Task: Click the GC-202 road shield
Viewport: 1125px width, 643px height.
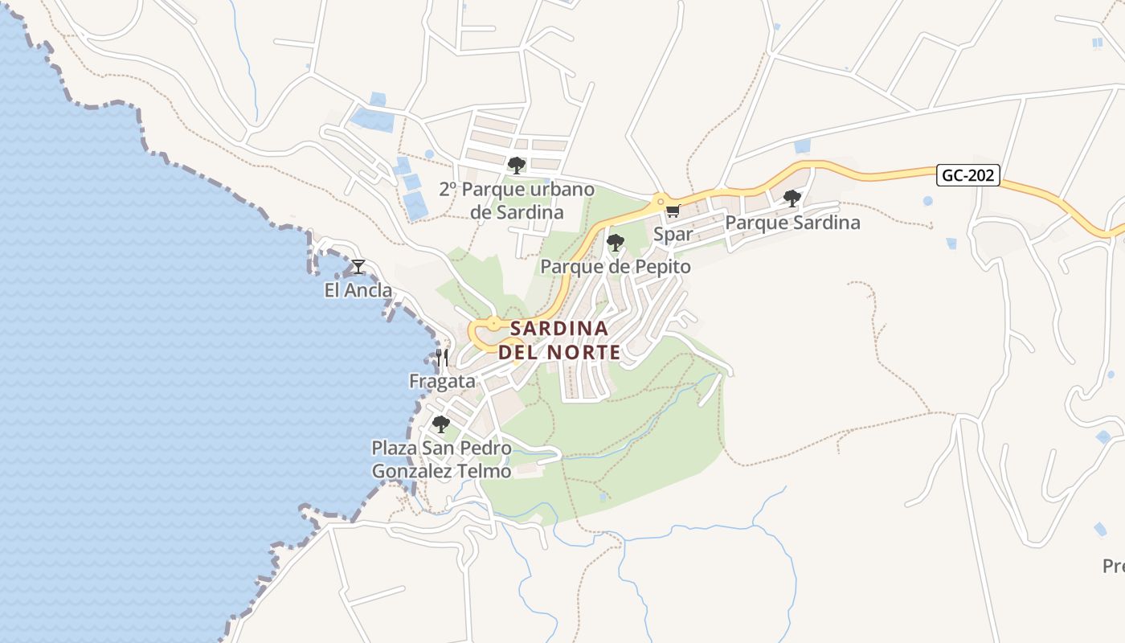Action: coord(967,175)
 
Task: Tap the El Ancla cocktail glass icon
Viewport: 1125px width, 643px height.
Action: coord(358,266)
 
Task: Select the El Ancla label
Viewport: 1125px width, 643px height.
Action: coord(358,290)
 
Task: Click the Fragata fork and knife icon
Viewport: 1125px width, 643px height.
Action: coord(442,357)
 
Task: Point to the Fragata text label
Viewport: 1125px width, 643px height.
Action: coord(442,381)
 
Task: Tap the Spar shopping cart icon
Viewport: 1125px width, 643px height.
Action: coord(673,211)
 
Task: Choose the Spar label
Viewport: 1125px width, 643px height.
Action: coord(673,234)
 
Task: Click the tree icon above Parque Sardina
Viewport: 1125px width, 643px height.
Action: coord(792,198)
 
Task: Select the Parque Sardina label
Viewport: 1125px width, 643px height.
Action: coord(792,223)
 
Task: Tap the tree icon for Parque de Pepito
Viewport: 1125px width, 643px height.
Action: coord(616,242)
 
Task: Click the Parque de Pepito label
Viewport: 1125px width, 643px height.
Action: coord(616,266)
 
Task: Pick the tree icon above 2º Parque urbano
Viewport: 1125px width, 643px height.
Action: coord(517,166)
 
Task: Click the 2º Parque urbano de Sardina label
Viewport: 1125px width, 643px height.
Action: coord(517,201)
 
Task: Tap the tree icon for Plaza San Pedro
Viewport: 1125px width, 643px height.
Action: coord(440,424)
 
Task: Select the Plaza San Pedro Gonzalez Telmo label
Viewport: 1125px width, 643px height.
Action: coord(441,459)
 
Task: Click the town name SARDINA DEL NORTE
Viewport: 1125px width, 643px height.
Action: coord(559,340)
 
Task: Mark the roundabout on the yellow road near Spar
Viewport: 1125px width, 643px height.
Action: coord(660,200)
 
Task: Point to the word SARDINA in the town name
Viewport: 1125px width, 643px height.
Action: coord(559,329)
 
